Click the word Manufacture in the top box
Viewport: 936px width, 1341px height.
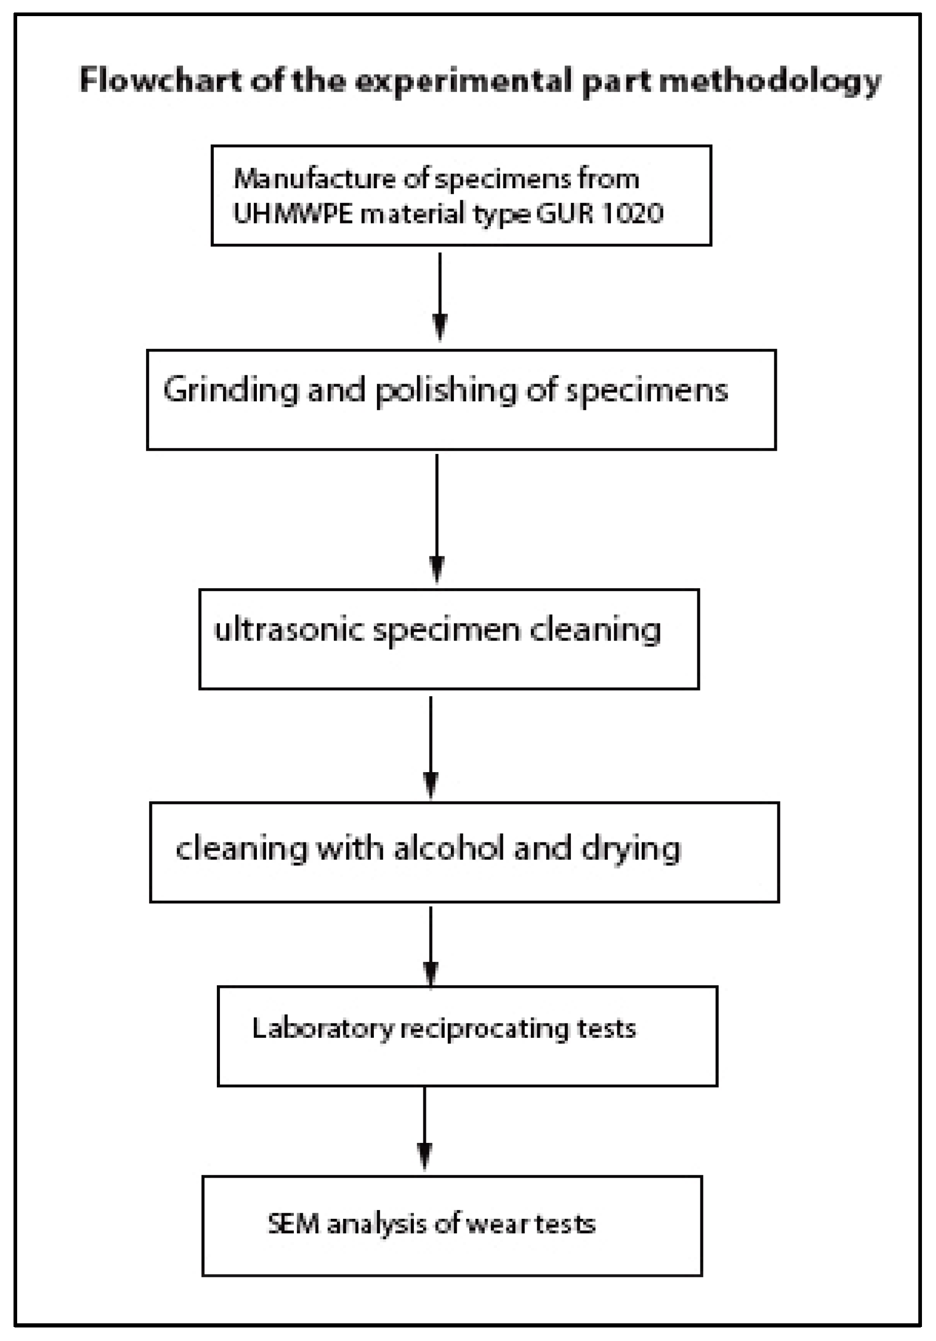(313, 178)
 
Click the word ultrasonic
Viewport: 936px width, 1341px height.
(289, 630)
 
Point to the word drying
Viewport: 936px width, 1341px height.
(631, 849)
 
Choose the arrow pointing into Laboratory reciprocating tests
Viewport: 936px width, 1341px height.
(431, 946)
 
